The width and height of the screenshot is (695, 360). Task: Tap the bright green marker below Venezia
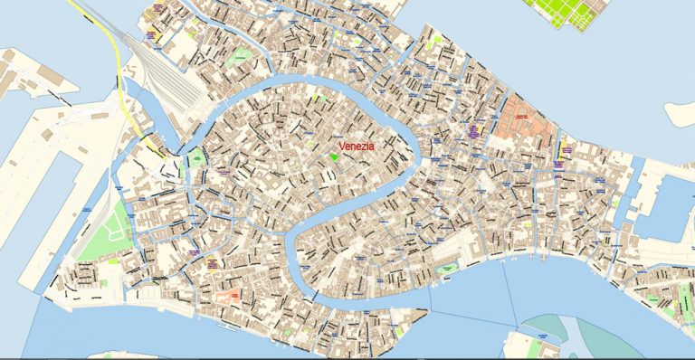334,158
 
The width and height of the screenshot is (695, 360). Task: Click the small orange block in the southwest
228,295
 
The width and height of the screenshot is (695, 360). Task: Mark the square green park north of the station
239,55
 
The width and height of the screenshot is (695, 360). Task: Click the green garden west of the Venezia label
196,162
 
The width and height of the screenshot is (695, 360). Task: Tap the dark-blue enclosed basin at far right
670,207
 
